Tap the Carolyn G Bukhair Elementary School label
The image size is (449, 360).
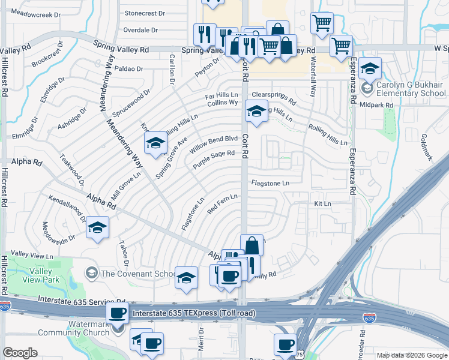[x=411, y=89]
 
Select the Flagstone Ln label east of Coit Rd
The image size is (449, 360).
[x=270, y=182]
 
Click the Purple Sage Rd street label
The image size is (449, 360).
[x=214, y=160]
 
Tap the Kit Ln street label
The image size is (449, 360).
[x=322, y=204]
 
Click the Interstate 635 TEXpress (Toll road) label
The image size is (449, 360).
[x=193, y=313]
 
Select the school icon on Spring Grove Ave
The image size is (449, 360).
[x=155, y=143]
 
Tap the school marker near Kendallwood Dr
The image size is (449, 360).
[x=97, y=227]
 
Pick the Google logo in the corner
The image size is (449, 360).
[x=20, y=353]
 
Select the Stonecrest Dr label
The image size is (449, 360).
[x=144, y=13]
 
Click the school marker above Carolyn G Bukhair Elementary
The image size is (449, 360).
[x=370, y=68]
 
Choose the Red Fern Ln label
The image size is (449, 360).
[x=223, y=203]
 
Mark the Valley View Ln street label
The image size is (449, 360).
[x=32, y=256]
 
